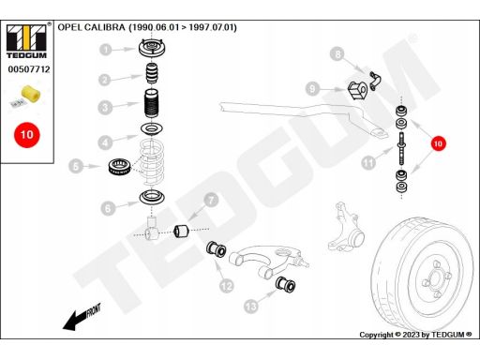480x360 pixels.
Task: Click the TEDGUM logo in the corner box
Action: (x=26, y=40)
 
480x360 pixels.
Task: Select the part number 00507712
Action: (x=29, y=69)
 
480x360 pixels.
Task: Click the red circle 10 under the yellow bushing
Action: (x=27, y=135)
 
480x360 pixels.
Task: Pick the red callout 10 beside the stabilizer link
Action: (x=438, y=143)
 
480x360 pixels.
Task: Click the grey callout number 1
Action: (x=106, y=50)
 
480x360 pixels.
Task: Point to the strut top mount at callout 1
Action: (x=152, y=48)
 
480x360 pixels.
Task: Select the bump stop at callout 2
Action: (x=152, y=73)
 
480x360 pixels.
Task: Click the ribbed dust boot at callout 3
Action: (x=152, y=103)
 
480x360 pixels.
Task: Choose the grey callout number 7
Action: (x=211, y=200)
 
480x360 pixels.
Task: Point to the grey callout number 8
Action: (x=337, y=53)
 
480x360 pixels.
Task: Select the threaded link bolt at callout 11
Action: (x=401, y=148)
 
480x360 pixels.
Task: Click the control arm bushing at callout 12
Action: (x=216, y=249)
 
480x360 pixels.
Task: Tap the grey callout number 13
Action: (x=251, y=307)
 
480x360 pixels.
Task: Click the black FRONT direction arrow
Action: (x=82, y=317)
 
